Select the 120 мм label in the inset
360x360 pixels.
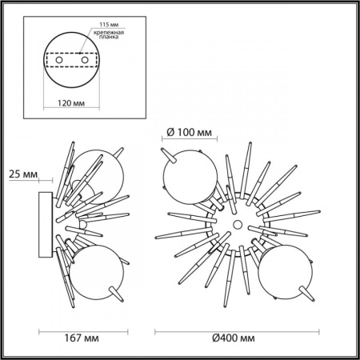(x=73, y=103)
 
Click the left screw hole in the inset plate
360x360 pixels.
(x=62, y=61)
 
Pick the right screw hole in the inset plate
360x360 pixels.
(x=83, y=61)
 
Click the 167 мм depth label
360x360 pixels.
(x=83, y=339)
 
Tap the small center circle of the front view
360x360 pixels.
(x=237, y=223)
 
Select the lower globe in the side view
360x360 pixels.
(x=94, y=270)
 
